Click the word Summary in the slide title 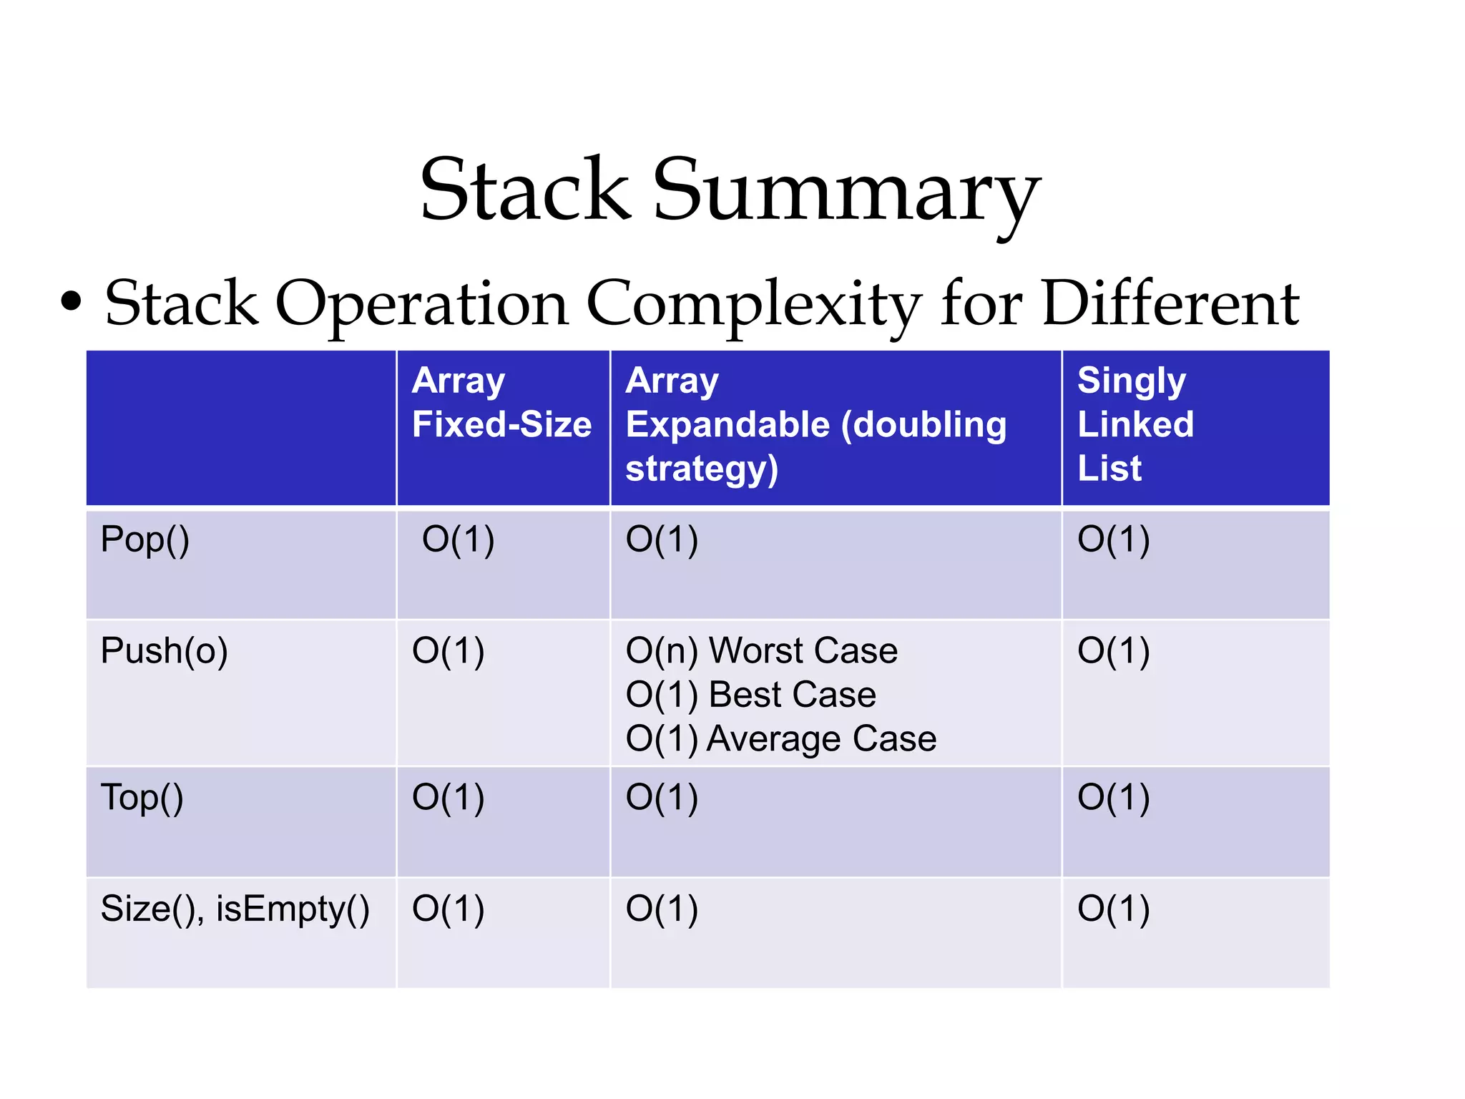(x=846, y=192)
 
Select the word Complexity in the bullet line (x=754, y=305)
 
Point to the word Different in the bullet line (x=1170, y=303)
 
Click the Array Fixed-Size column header (x=501, y=403)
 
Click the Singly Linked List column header (x=1135, y=424)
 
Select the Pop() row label (x=145, y=540)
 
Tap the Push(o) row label (x=164, y=652)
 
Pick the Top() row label (x=142, y=798)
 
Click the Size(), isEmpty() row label (x=235, y=909)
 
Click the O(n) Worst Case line (x=761, y=651)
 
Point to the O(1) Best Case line (x=750, y=695)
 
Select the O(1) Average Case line (x=780, y=739)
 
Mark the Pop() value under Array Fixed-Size (x=458, y=540)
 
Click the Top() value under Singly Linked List (x=1113, y=798)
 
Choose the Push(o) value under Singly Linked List (x=1113, y=652)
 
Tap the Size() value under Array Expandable (x=662, y=909)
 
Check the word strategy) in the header (x=701, y=469)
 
